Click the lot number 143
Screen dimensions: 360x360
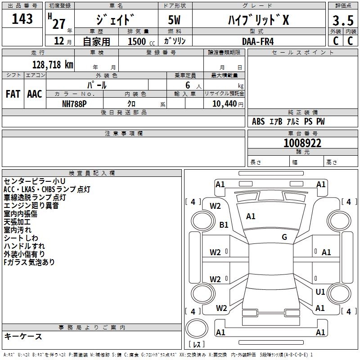[22, 19]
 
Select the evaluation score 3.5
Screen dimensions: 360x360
[342, 21]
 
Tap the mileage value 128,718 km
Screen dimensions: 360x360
[53, 65]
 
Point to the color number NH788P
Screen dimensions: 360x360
[74, 103]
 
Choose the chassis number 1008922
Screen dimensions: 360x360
[302, 143]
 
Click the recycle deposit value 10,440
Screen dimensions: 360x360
[221, 103]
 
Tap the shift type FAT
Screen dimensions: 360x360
[13, 94]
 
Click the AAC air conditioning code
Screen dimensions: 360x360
[35, 94]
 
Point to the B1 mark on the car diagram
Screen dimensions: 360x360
[224, 225]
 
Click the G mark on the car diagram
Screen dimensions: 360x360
[284, 237]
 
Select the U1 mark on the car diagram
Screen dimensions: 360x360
[320, 292]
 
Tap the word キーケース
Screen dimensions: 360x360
[23, 337]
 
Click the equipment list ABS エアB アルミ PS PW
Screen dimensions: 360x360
[288, 121]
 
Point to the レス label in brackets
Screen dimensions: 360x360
[197, 345]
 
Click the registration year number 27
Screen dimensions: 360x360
[59, 23]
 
